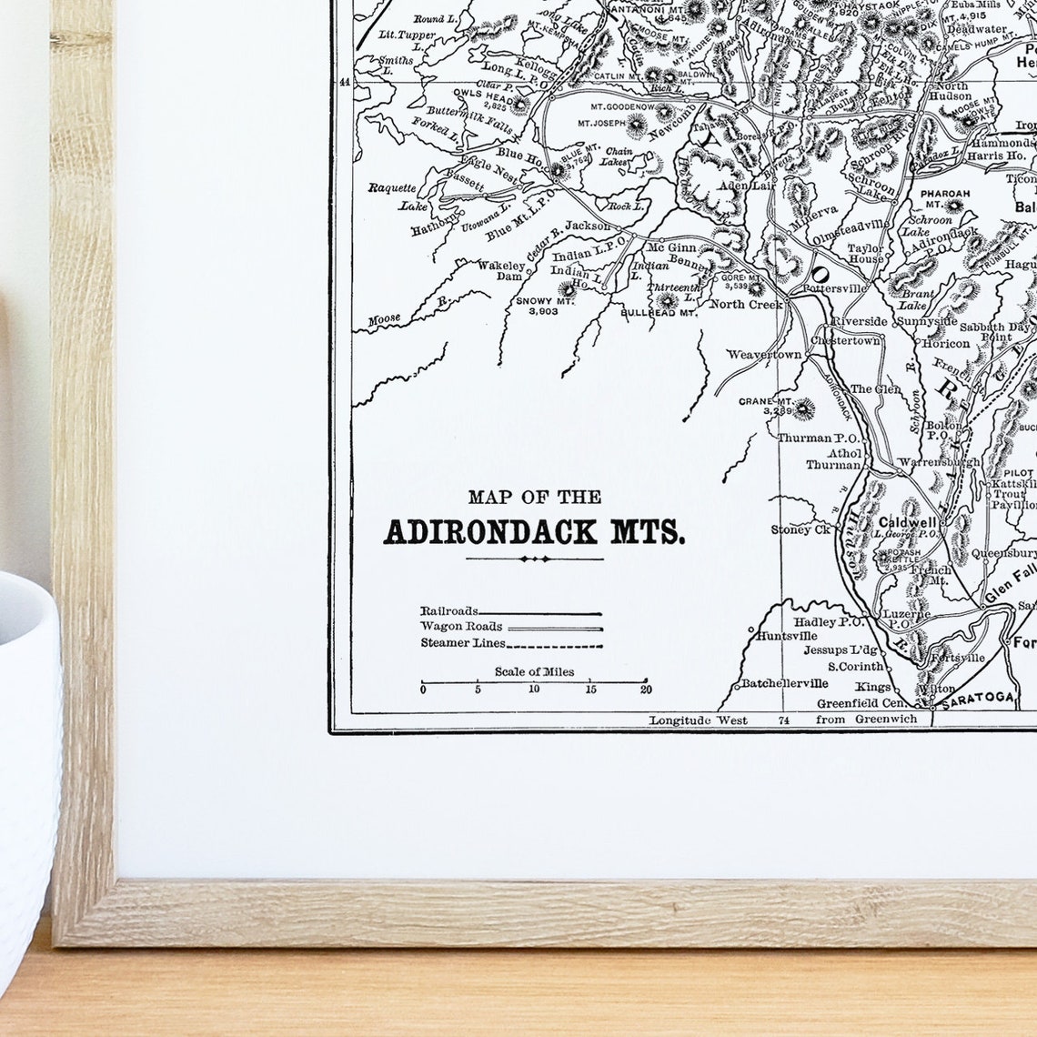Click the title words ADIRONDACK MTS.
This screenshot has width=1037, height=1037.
[x=534, y=532]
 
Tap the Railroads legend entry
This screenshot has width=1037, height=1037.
[x=449, y=611]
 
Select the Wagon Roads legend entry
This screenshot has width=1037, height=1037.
[x=462, y=627]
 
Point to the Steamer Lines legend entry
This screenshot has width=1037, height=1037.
[x=462, y=643]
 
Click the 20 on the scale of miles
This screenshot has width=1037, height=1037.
[x=646, y=690]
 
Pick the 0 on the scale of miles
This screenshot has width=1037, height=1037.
[x=423, y=690]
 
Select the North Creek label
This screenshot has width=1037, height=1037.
[x=746, y=304]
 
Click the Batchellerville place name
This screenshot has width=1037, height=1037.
[x=784, y=683]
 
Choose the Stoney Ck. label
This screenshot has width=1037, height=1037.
[x=801, y=529]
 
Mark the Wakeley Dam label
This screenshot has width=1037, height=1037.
[x=500, y=270]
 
